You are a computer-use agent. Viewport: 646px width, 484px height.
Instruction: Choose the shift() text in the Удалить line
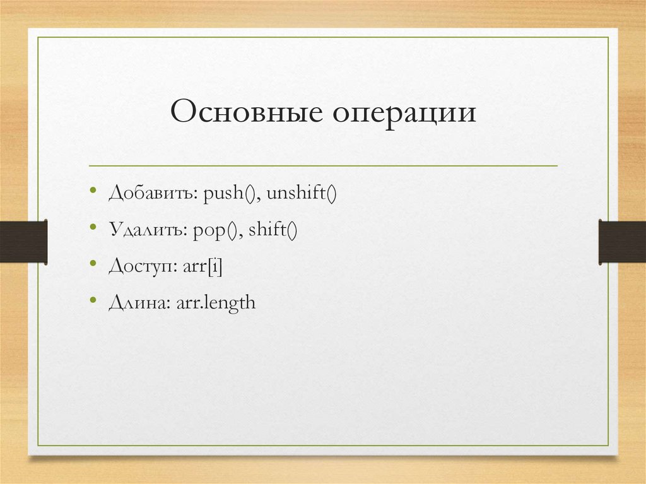click(x=272, y=230)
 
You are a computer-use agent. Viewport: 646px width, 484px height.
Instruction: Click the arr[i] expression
click(x=203, y=267)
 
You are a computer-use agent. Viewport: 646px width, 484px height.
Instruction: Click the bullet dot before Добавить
click(x=93, y=191)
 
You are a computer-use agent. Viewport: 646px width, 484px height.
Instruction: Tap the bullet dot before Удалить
click(x=93, y=227)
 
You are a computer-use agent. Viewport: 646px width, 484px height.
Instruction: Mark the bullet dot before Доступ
click(x=93, y=264)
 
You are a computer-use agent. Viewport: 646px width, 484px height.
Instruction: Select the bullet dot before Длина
click(x=93, y=300)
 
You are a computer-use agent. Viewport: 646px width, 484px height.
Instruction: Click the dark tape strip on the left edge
click(x=23, y=241)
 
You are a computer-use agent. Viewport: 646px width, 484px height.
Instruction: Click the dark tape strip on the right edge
click(x=622, y=241)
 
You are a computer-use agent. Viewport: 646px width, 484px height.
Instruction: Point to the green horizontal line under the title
click(x=323, y=166)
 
